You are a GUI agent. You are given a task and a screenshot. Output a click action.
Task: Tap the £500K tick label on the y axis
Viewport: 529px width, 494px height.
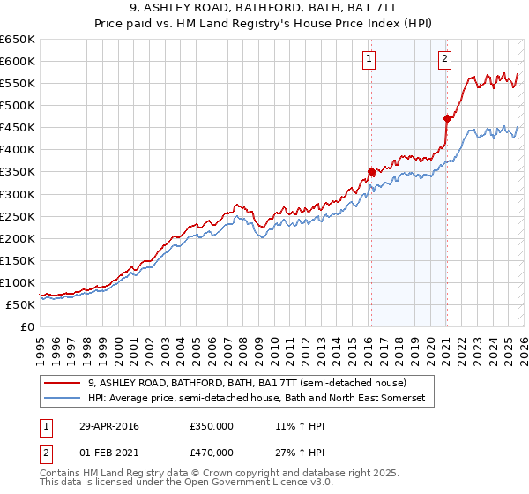(18, 105)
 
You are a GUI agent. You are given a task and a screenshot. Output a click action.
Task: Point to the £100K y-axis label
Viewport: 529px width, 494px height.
(18, 282)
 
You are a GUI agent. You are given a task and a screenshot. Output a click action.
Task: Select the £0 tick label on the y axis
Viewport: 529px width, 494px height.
(26, 326)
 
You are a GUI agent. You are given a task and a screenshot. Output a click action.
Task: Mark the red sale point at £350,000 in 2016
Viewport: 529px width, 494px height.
(371, 171)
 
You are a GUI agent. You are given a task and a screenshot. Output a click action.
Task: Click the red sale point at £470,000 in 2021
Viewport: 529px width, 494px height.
(447, 118)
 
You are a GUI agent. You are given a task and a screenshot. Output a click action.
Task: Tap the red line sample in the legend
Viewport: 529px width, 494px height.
(63, 384)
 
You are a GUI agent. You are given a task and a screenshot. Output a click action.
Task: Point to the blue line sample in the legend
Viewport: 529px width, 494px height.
(63, 399)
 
